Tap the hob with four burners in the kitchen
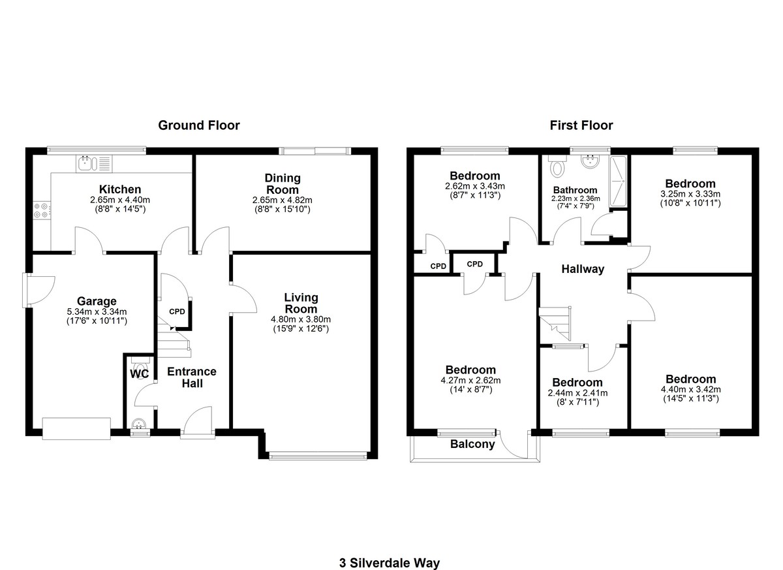click(39, 210)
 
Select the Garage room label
click(97, 301)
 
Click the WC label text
click(139, 374)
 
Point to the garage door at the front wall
click(76, 428)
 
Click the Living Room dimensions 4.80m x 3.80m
click(301, 320)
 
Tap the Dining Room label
click(283, 183)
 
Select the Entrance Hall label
click(192, 377)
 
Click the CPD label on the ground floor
click(177, 311)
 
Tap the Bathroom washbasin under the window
click(591, 163)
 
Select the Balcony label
click(472, 445)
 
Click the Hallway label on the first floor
click(583, 269)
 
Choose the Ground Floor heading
click(199, 125)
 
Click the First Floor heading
click(581, 125)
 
